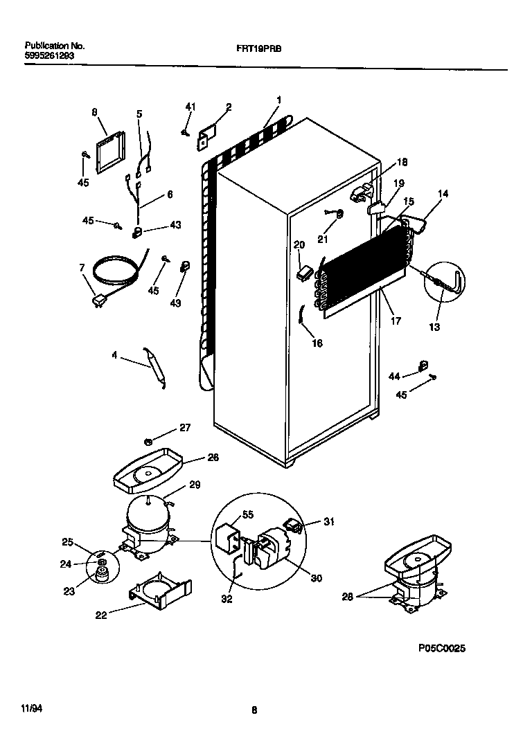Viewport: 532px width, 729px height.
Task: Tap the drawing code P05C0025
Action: coord(442,649)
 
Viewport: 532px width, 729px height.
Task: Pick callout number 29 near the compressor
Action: coord(195,485)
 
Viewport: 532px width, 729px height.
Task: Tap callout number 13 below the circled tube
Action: coord(434,327)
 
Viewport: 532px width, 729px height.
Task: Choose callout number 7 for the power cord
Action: coord(82,267)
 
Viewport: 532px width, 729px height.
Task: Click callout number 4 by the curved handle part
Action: coord(114,356)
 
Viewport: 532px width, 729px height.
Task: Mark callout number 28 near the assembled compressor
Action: coord(348,596)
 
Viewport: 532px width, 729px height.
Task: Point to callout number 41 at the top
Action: coord(190,107)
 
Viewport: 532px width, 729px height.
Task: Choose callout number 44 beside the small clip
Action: coord(394,376)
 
